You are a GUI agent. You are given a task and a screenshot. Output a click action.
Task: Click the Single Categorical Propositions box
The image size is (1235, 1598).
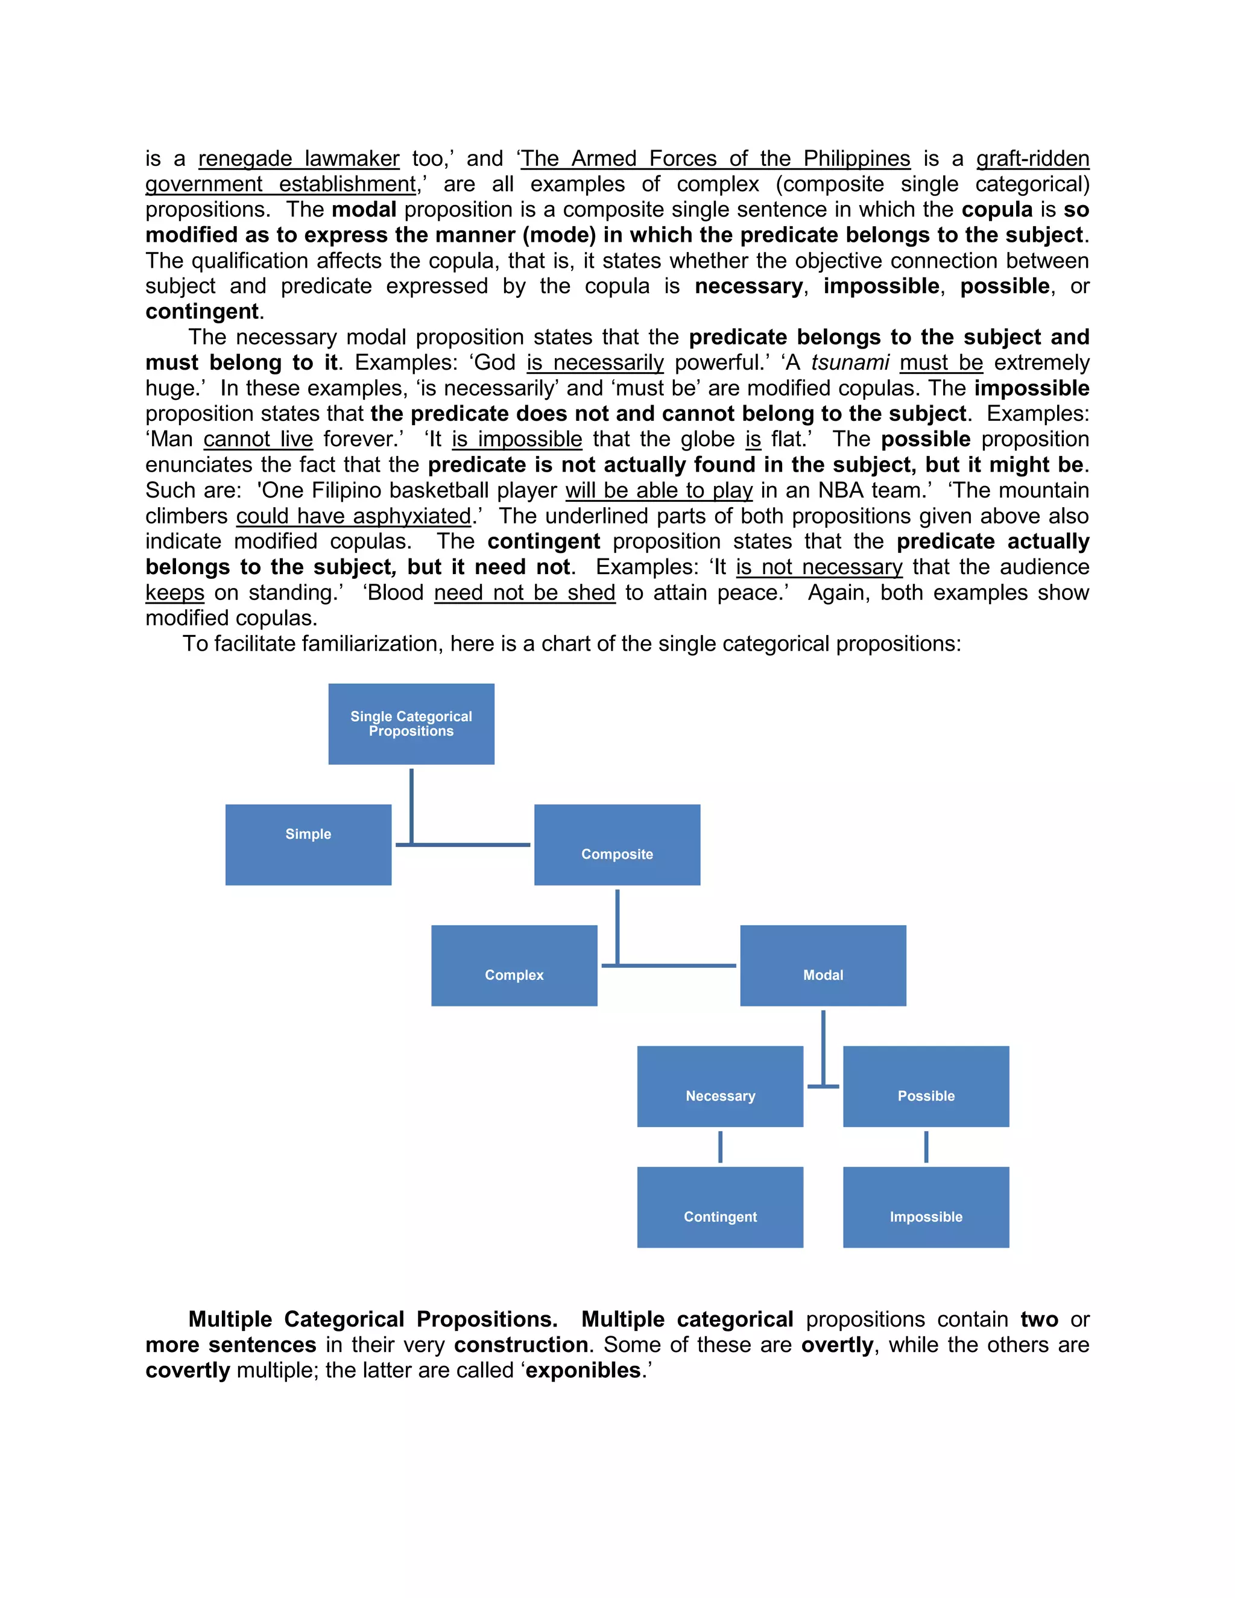coord(411,724)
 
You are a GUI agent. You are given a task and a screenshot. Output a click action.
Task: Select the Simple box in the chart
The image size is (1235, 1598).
coord(308,844)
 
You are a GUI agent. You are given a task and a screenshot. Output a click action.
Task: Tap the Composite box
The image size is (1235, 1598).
coord(617,844)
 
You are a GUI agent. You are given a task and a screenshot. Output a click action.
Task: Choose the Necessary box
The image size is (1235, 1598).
coord(720,1086)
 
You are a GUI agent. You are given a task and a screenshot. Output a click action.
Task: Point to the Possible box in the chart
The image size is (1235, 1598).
coord(926,1086)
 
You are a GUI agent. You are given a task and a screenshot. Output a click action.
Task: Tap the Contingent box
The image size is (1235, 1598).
coord(720,1207)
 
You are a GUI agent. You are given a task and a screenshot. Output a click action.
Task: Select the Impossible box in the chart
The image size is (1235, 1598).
coord(926,1207)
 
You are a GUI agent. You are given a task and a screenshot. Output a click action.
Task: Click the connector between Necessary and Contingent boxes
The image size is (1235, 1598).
coord(720,1146)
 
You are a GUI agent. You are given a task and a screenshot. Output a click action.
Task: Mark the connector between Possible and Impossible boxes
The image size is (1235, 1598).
coord(926,1146)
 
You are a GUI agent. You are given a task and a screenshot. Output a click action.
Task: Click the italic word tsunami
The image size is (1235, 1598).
coord(850,362)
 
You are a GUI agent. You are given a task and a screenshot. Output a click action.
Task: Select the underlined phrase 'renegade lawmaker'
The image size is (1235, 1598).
coord(298,159)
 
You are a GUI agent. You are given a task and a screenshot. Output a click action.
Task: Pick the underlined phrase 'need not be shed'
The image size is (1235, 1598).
coord(525,592)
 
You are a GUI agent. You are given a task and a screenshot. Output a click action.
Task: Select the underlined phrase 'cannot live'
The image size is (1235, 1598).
coord(258,439)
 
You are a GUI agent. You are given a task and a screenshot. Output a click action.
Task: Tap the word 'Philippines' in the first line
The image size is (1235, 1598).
coord(857,159)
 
